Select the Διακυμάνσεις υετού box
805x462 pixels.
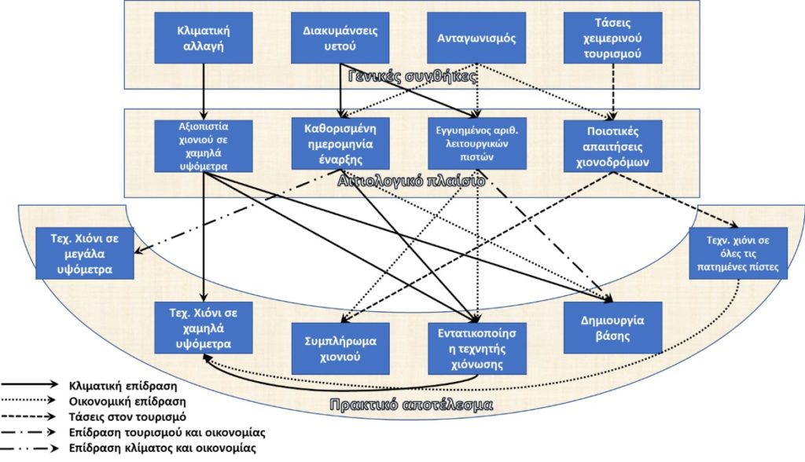[340, 38]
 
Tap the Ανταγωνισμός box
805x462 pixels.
[476, 38]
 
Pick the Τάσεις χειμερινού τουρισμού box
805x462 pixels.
[612, 38]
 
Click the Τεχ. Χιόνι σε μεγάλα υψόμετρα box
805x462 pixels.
[85, 254]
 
